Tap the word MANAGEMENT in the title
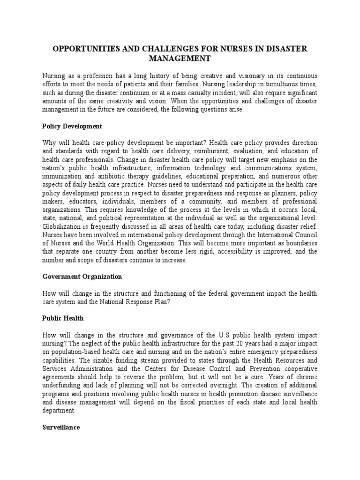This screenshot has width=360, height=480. click(x=180, y=58)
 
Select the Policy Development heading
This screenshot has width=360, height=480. click(x=72, y=127)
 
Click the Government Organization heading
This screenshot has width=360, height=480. click(x=82, y=277)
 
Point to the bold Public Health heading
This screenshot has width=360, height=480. click(x=63, y=318)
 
